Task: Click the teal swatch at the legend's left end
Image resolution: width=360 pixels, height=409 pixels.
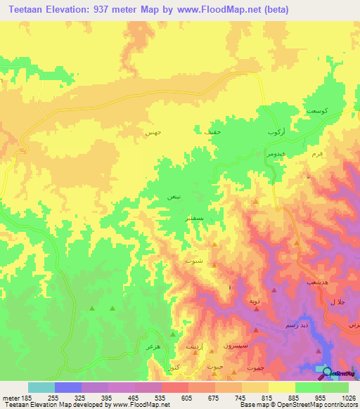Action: (41, 387)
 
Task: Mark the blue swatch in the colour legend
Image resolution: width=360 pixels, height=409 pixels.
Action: (68, 387)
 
